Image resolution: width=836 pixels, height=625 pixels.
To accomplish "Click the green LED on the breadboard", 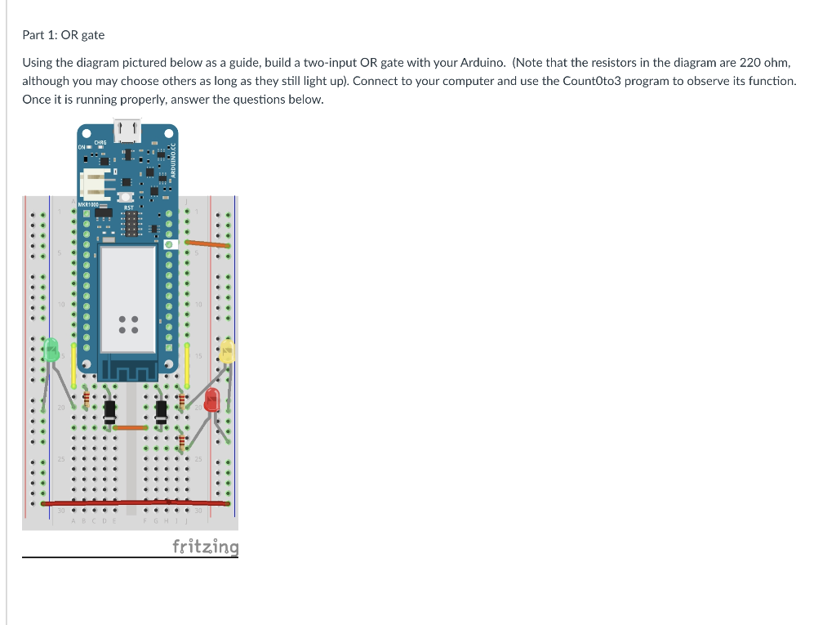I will pyautogui.click(x=51, y=349).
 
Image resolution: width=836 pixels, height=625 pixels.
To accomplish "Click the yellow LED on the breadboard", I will pyautogui.click(x=228, y=351).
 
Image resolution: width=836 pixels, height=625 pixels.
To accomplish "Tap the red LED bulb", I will pyautogui.click(x=212, y=400).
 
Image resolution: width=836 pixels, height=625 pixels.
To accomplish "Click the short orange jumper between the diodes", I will pyautogui.click(x=130, y=427).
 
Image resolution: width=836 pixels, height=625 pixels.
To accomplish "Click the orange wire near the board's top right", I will pyautogui.click(x=206, y=243).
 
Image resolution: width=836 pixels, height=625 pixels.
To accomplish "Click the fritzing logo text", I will pyautogui.click(x=206, y=547).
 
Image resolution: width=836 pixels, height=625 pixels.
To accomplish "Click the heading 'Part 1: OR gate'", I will pyautogui.click(x=63, y=35).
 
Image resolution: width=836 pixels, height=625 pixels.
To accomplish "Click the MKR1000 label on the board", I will pyautogui.click(x=88, y=204).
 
